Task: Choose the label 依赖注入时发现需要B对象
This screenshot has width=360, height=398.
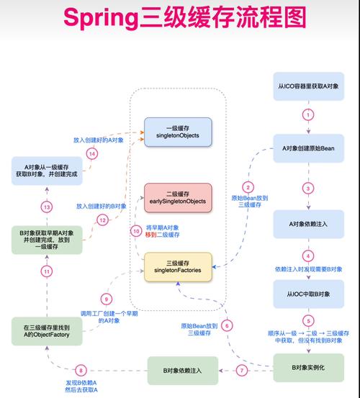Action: pos(307,269)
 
